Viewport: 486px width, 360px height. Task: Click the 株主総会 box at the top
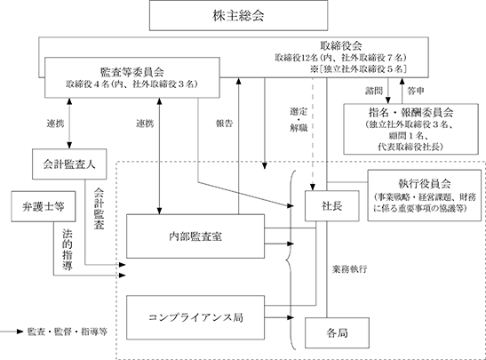tap(238, 15)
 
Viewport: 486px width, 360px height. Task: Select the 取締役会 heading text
tap(341, 46)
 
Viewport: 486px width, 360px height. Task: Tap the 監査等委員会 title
tap(132, 72)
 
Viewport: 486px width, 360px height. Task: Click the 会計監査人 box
tap(69, 164)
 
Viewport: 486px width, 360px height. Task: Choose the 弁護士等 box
tap(44, 206)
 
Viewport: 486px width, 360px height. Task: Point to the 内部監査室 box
tap(195, 236)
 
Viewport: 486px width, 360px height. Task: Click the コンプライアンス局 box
tap(195, 317)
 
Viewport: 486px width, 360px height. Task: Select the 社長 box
tap(332, 206)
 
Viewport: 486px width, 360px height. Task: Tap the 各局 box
tap(337, 333)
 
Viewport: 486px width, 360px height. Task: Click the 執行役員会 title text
tap(425, 184)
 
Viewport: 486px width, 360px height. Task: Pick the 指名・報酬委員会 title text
tap(411, 112)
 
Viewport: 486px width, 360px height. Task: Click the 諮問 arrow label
tap(374, 91)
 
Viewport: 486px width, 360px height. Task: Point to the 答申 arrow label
tap(415, 91)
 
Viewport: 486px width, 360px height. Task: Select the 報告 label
tap(224, 124)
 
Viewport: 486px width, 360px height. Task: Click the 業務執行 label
tap(350, 269)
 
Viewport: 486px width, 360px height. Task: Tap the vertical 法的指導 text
tap(68, 250)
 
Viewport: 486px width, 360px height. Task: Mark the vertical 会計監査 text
tap(99, 208)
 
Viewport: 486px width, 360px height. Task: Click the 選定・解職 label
tap(299, 120)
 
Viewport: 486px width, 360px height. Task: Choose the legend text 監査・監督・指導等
tap(68, 332)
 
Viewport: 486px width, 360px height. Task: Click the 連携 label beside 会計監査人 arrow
tap(55, 124)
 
